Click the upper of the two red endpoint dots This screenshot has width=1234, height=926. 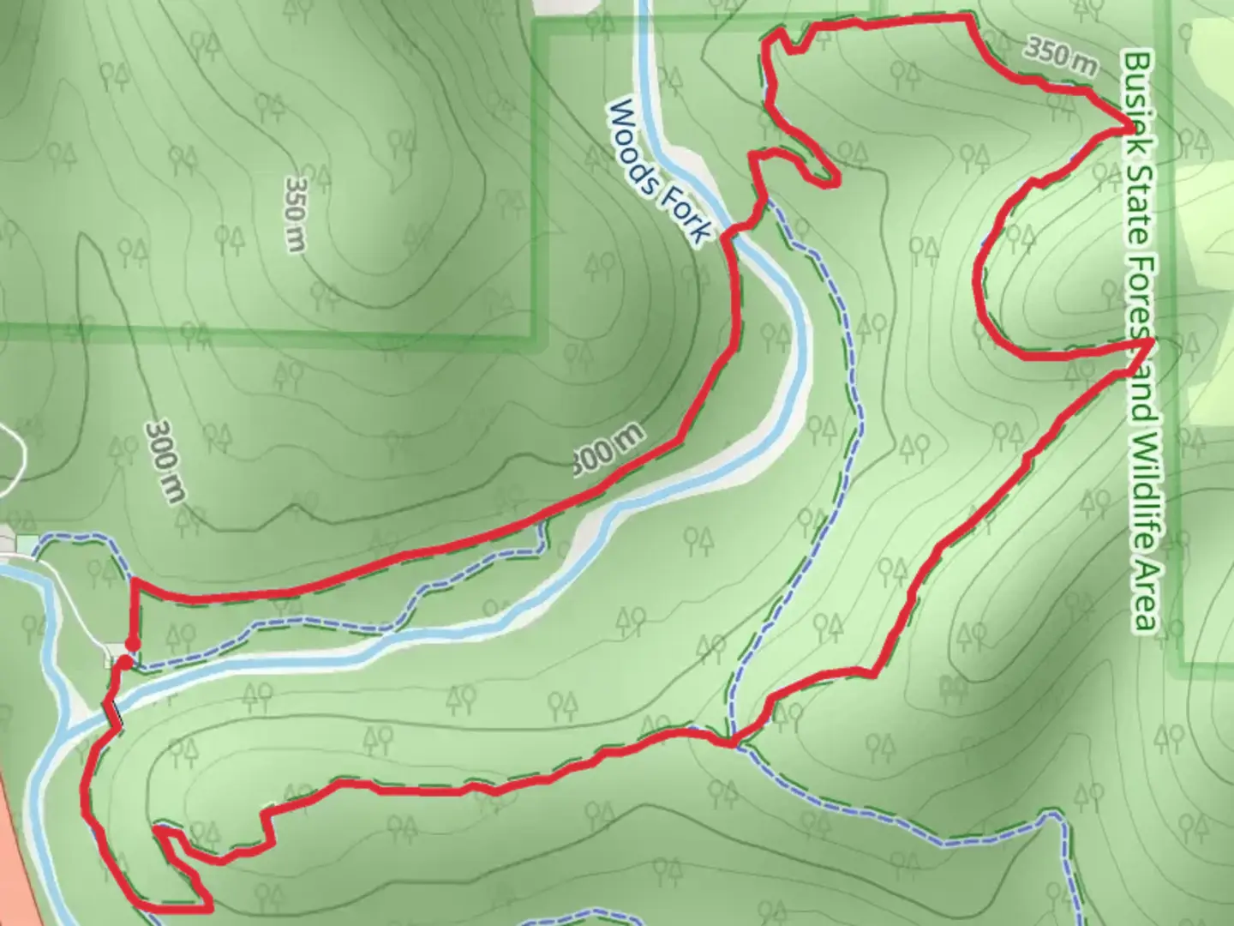pos(132,644)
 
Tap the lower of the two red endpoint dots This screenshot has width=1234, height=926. pos(125,662)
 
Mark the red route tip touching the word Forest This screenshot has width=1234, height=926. pos(1148,341)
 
